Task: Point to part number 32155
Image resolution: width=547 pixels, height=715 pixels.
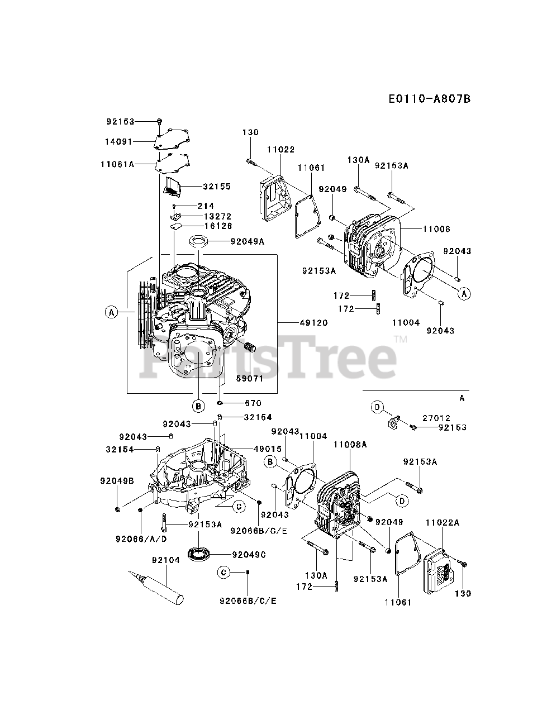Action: [x=217, y=187]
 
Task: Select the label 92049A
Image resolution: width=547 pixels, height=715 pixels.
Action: [x=248, y=242]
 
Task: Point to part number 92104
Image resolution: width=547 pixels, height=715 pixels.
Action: [x=166, y=560]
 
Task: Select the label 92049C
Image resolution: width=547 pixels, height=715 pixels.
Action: [x=249, y=555]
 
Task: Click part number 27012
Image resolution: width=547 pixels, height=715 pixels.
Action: [x=436, y=418]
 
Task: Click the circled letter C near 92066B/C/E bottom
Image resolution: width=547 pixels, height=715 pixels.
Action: [x=223, y=572]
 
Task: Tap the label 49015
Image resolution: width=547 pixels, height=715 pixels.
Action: [x=268, y=449]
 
